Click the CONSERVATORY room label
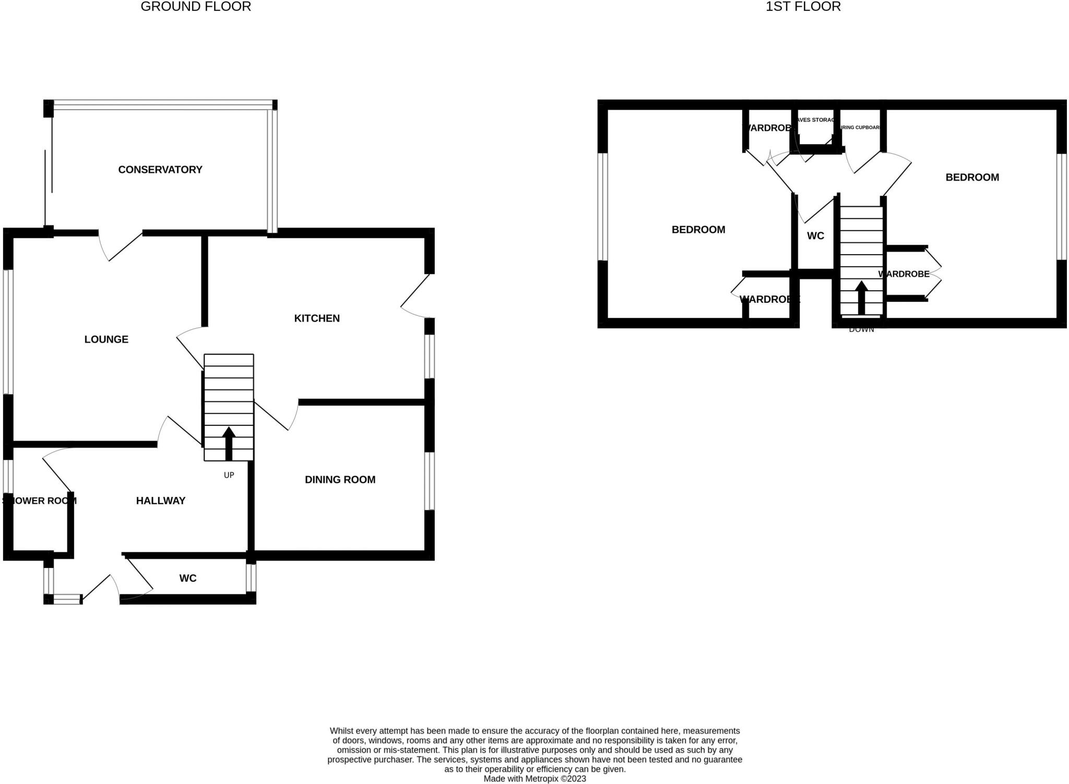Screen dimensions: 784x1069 pos(160,170)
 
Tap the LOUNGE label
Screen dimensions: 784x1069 pos(106,339)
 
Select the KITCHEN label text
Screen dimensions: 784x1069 pos(317,318)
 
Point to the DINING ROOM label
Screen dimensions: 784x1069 pos(340,480)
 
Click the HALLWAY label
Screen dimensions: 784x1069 pos(161,501)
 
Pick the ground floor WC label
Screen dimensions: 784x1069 pos(188,578)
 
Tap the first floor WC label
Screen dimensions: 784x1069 pos(815,236)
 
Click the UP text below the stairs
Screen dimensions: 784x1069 pos(229,475)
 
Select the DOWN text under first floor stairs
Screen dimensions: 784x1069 pos(861,329)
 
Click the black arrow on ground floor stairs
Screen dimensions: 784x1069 pos(229,444)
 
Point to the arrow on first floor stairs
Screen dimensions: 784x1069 pos(861,298)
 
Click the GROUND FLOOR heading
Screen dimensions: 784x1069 pos(196,7)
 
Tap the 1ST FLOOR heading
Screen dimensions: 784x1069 pos(803,7)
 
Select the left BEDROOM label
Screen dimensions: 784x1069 pos(698,230)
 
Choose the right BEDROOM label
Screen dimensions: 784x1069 pos(972,177)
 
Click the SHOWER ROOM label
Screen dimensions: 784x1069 pos(40,501)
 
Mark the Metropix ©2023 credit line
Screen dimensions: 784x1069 pos(534,779)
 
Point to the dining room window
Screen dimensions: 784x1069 pos(429,481)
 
